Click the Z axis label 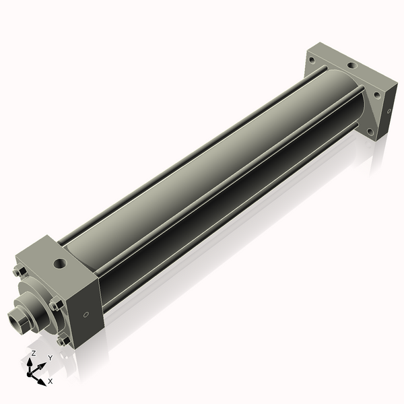(x=34, y=353)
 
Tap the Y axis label (x=50, y=358)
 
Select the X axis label (x=50, y=382)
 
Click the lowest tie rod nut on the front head (x=63, y=341)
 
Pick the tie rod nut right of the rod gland (x=58, y=306)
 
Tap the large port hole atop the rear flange (x=351, y=67)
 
